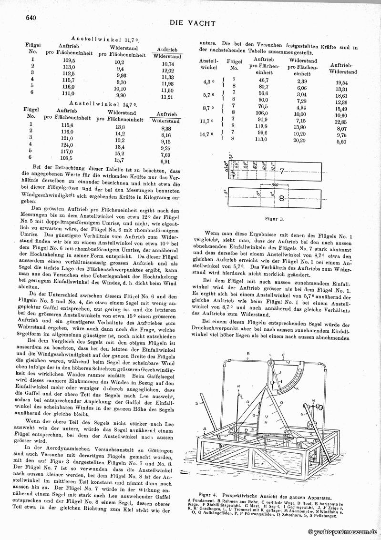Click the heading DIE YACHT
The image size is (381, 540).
pyautogui.click(x=193, y=23)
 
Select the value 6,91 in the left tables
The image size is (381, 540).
pyautogui.click(x=166, y=162)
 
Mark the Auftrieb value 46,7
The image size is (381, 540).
pyautogui.click(x=263, y=80)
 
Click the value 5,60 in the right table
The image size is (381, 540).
pyautogui.click(x=340, y=142)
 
